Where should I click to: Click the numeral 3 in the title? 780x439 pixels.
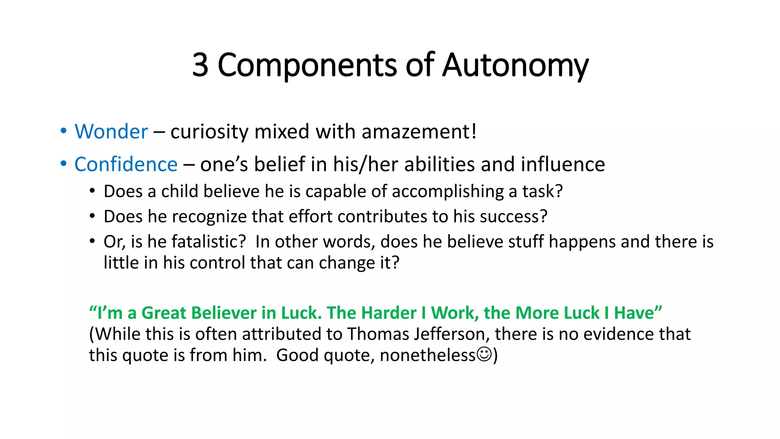click(x=200, y=65)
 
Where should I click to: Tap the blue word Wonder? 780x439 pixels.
click(x=111, y=132)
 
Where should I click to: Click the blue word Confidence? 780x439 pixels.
click(x=126, y=165)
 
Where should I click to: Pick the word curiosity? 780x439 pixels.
click(x=209, y=132)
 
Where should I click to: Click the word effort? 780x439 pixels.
click(x=310, y=216)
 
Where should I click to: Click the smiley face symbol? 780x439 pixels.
click(x=484, y=354)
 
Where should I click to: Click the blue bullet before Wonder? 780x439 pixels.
click(x=64, y=131)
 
